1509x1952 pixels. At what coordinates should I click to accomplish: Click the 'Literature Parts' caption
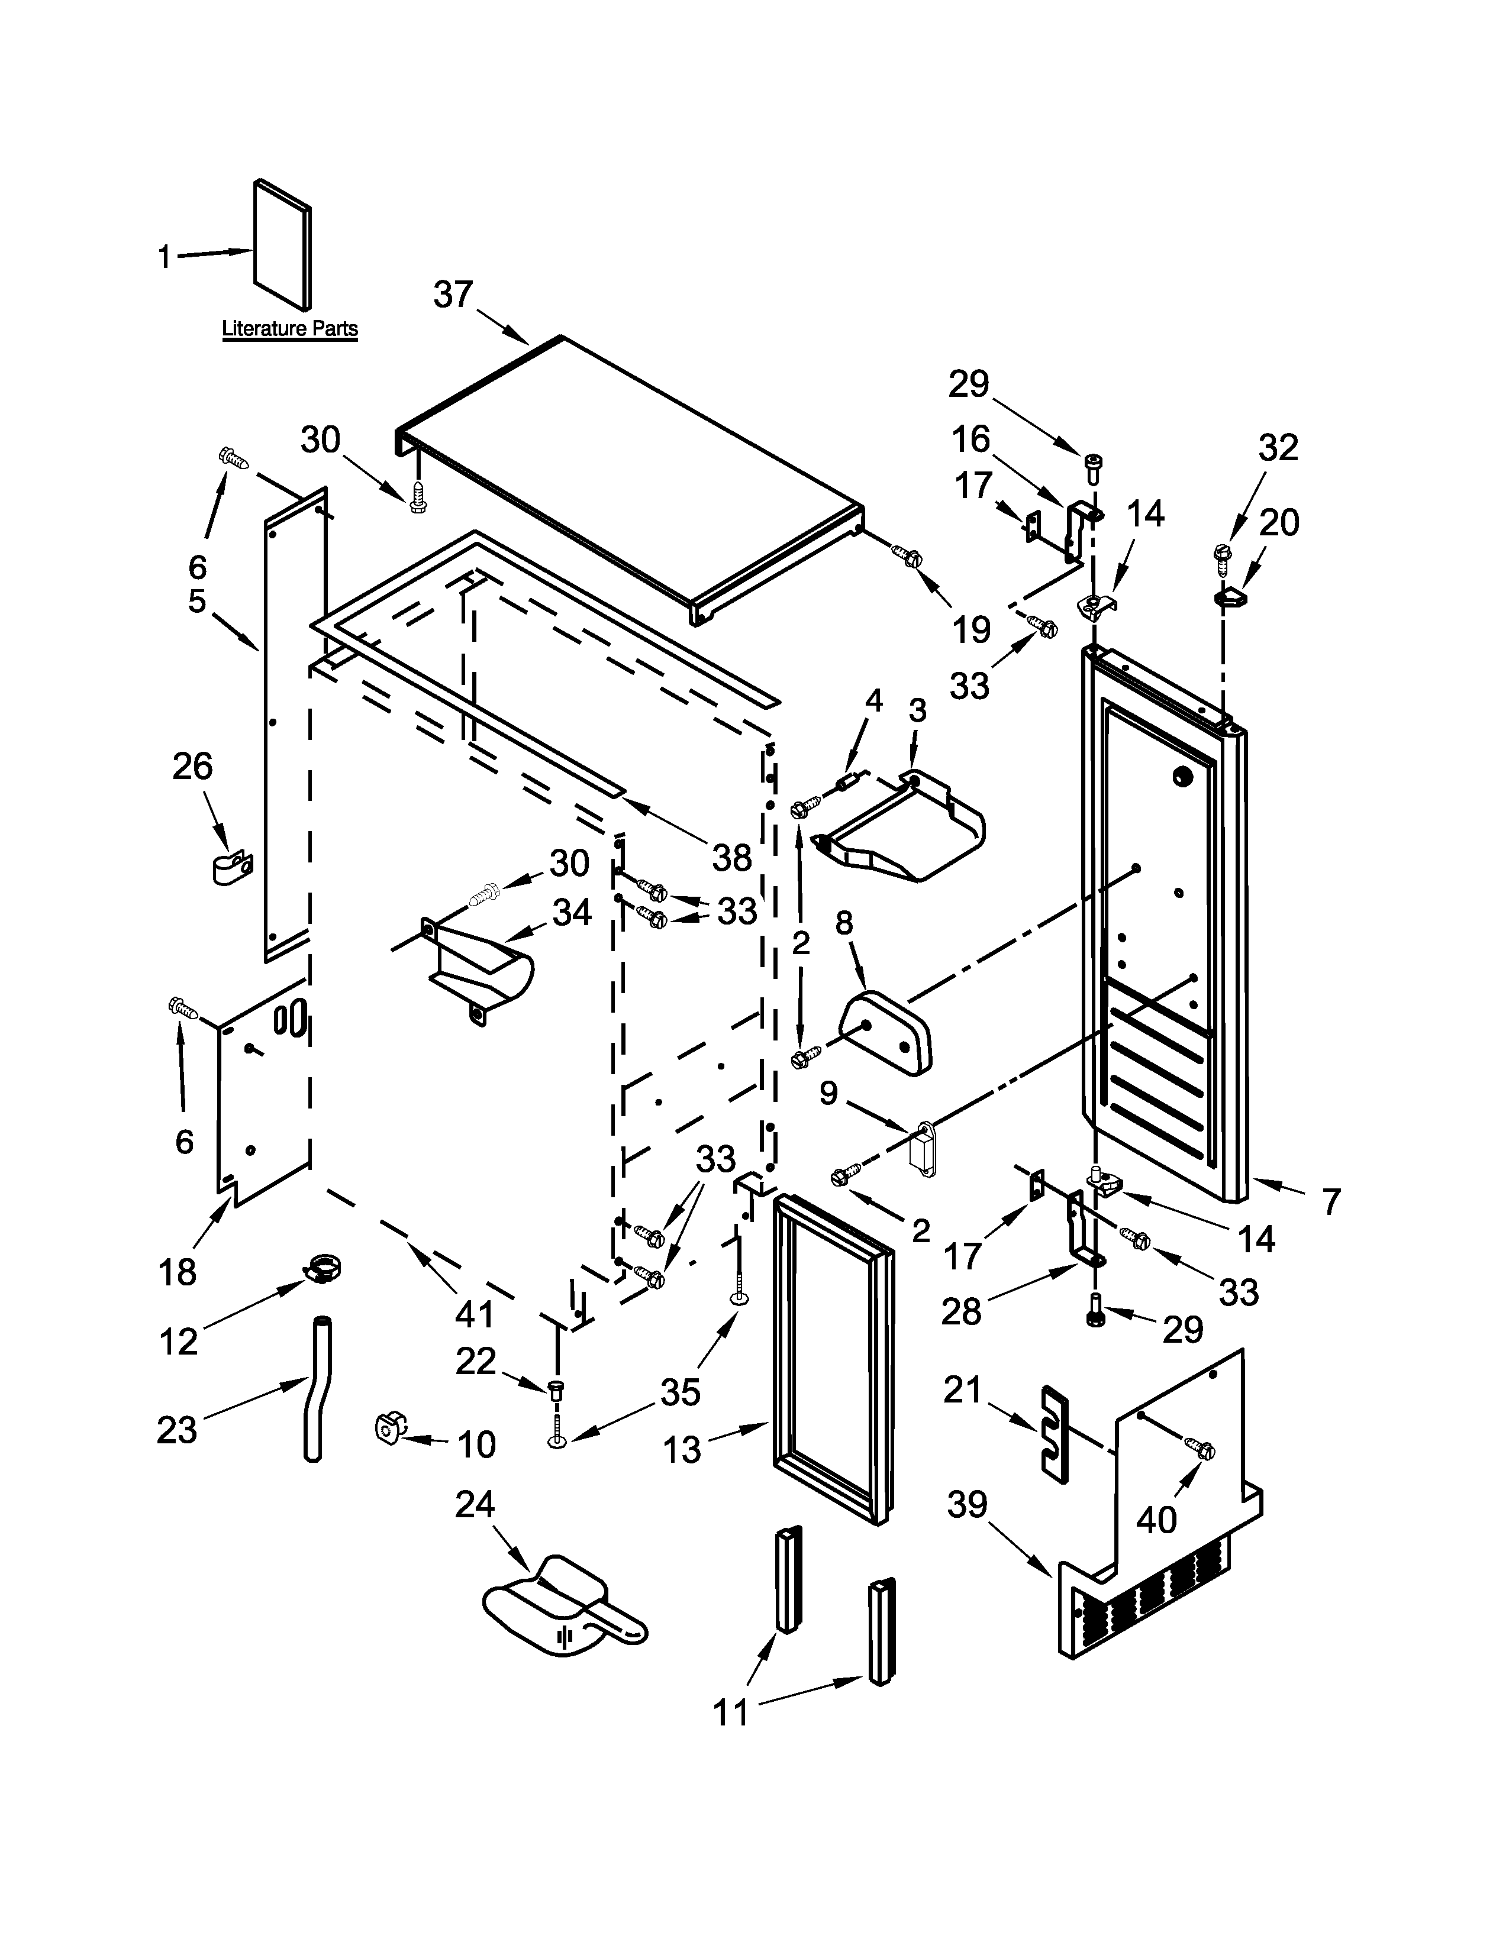point(289,328)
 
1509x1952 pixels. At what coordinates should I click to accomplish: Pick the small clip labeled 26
point(233,866)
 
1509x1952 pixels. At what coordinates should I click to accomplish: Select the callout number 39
point(968,1505)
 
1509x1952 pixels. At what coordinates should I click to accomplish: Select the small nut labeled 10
point(389,1427)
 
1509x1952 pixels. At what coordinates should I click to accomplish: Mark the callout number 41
point(474,1314)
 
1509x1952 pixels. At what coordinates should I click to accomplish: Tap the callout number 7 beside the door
point(1331,1202)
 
